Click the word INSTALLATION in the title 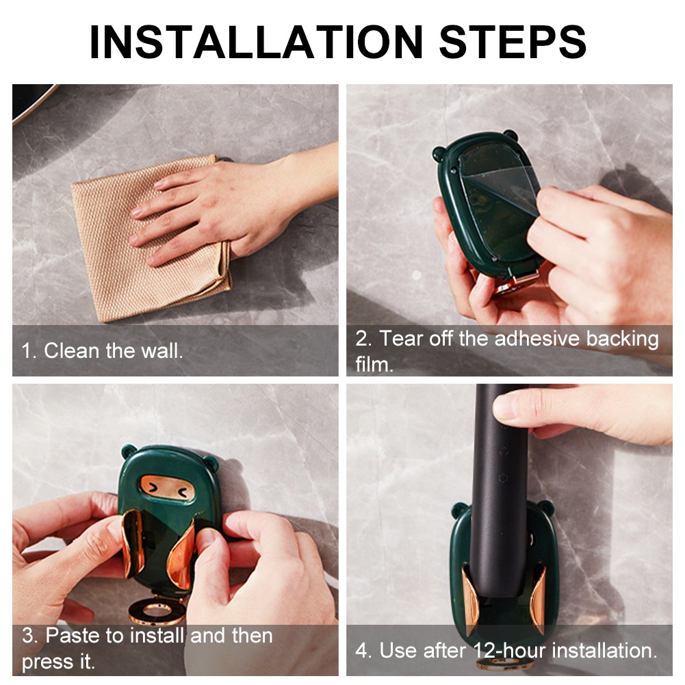[257, 42]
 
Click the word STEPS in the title [513, 42]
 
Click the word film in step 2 [374, 364]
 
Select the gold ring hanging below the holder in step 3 [157, 610]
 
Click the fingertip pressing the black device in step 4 [508, 407]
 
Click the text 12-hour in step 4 [509, 651]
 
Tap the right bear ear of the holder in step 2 [510, 135]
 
